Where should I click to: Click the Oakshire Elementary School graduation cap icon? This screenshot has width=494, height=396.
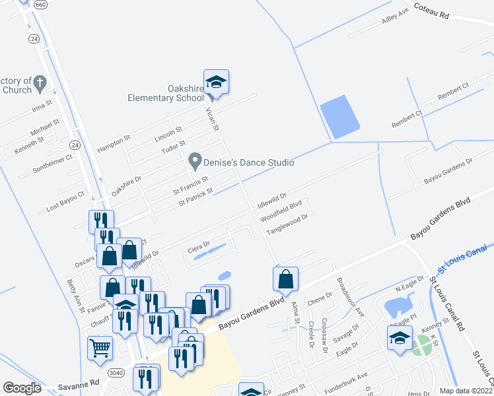(216, 82)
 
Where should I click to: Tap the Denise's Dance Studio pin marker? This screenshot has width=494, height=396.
(195, 160)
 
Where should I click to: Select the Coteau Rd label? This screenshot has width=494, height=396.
(431, 10)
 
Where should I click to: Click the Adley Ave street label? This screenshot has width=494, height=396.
(396, 18)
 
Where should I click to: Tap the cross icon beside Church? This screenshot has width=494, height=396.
(40, 84)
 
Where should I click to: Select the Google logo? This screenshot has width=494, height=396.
(22, 387)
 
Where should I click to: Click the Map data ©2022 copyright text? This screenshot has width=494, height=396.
(466, 391)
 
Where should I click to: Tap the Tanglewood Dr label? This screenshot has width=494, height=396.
(287, 225)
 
